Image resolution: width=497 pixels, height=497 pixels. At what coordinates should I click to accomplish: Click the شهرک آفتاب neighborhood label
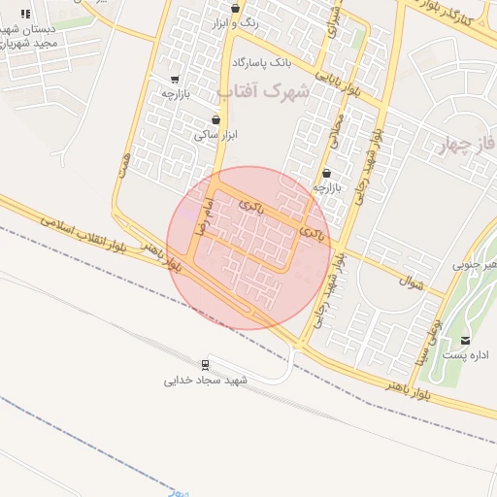click(263, 92)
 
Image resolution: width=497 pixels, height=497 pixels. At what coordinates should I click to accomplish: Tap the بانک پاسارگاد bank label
click(261, 63)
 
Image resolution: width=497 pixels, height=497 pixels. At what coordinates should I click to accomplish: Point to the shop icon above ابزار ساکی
click(215, 120)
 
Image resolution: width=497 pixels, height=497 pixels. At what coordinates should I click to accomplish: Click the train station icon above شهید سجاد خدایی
click(206, 365)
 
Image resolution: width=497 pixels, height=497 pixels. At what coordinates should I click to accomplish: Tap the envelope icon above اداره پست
click(467, 340)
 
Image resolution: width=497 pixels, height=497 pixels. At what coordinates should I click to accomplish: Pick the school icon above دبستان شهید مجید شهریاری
click(25, 14)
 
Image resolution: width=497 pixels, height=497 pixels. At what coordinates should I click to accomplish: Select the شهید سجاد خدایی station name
click(206, 381)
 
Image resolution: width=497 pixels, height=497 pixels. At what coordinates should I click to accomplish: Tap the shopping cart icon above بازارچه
click(175, 80)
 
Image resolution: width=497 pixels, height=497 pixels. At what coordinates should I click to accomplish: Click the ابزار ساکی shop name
click(215, 136)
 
